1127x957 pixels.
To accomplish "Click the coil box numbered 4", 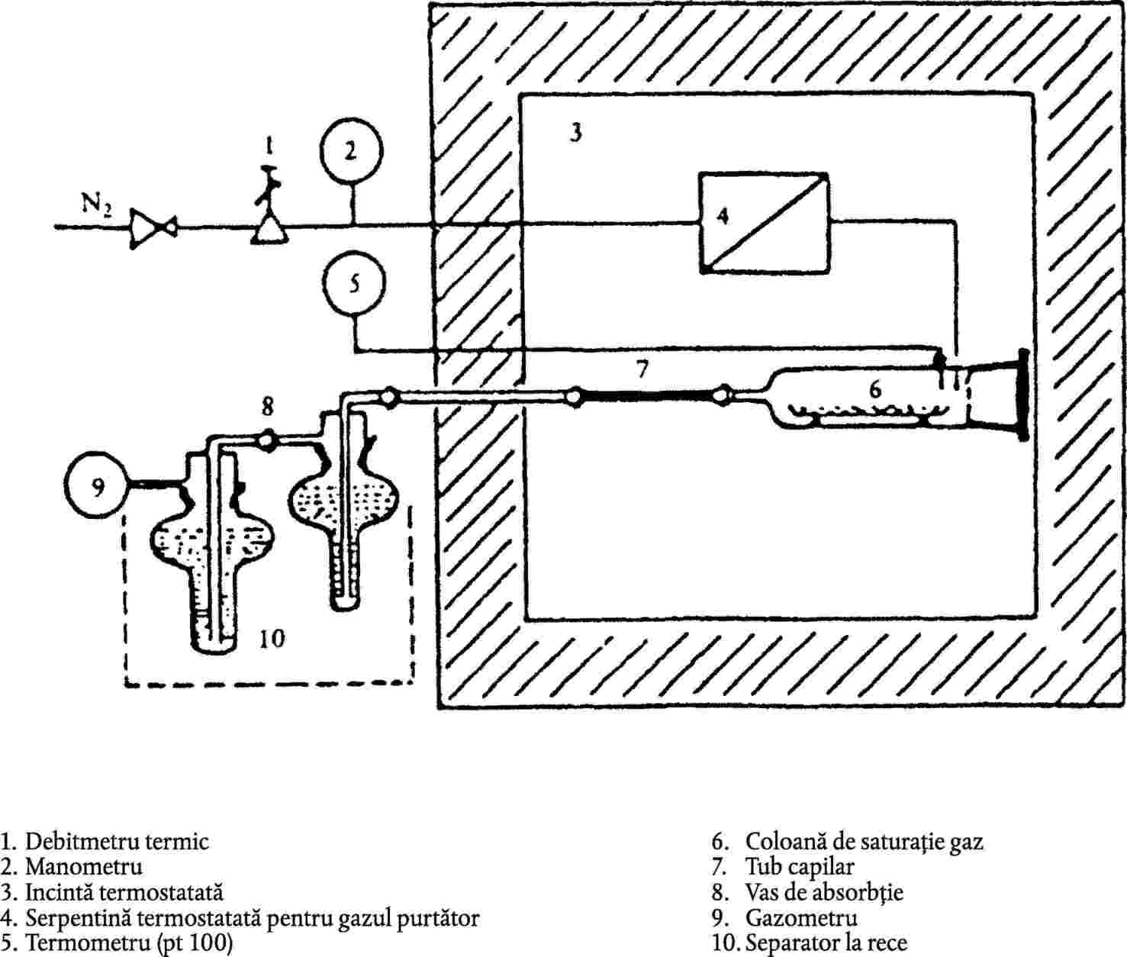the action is click(764, 223).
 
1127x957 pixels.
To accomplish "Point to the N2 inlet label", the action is click(96, 205).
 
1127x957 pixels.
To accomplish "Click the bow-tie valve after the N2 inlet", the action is click(153, 228).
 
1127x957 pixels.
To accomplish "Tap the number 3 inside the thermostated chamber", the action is click(576, 133).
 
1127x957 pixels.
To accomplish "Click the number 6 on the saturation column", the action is click(874, 389).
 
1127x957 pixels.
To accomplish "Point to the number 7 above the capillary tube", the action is click(642, 369).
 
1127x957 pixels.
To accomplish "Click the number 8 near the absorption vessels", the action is click(267, 406).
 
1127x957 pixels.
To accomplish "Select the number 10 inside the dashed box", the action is click(272, 638).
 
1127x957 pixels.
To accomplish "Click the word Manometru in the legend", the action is click(83, 865).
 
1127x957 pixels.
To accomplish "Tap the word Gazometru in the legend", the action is click(801, 917).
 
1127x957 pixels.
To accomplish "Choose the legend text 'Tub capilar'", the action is click(800, 866).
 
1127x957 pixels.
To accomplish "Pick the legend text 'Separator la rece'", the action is click(826, 942).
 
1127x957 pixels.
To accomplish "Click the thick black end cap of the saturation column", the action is click(1022, 395).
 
